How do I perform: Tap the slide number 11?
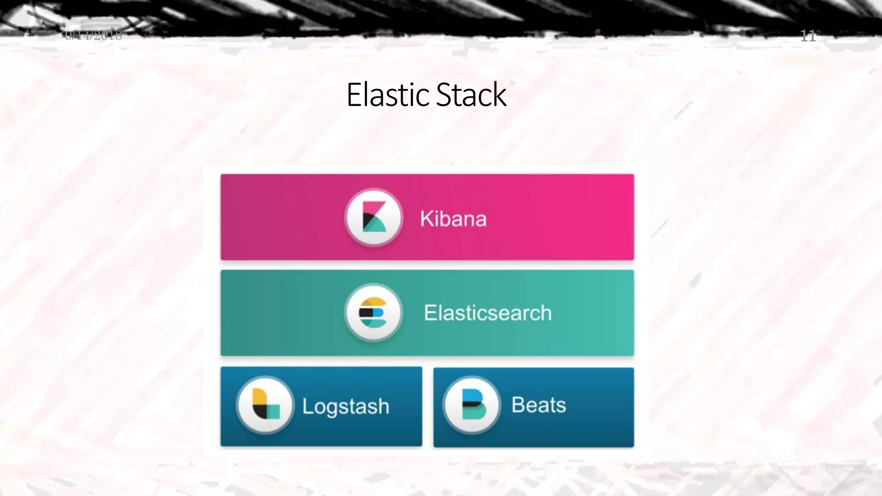pyautogui.click(x=807, y=36)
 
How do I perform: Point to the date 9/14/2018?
pyautogui.click(x=93, y=35)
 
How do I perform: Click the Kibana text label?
pyautogui.click(x=453, y=219)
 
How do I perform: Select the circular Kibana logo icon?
pyautogui.click(x=373, y=217)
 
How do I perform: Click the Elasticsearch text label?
pyautogui.click(x=488, y=313)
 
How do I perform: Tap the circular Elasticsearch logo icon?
pyautogui.click(x=373, y=313)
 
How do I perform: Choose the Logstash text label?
pyautogui.click(x=345, y=406)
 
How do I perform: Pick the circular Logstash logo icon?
pyautogui.click(x=265, y=405)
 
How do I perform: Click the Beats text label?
pyautogui.click(x=538, y=405)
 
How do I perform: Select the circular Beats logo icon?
pyautogui.click(x=472, y=405)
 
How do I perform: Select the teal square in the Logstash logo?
pyautogui.click(x=273, y=412)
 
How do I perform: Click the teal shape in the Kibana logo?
pyautogui.click(x=376, y=225)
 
